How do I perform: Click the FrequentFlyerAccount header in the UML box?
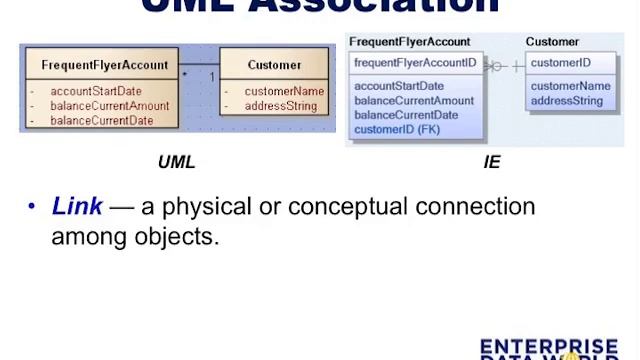click(105, 65)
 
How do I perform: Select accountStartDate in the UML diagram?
click(96, 91)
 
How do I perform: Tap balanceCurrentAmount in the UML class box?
click(110, 106)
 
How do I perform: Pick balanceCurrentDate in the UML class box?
click(102, 121)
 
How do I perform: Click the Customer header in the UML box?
click(274, 65)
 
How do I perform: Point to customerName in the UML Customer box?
click(284, 91)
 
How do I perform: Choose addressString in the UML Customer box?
click(281, 106)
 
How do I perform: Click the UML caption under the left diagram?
click(177, 162)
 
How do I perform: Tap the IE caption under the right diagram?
click(492, 162)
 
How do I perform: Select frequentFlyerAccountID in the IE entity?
click(415, 62)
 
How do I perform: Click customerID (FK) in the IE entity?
click(396, 130)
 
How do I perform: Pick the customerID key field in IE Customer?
click(561, 62)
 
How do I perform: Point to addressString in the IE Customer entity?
click(567, 101)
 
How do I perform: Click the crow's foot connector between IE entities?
click(494, 66)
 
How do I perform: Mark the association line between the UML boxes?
click(200, 68)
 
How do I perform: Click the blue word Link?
click(77, 207)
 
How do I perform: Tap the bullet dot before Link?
click(31, 208)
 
